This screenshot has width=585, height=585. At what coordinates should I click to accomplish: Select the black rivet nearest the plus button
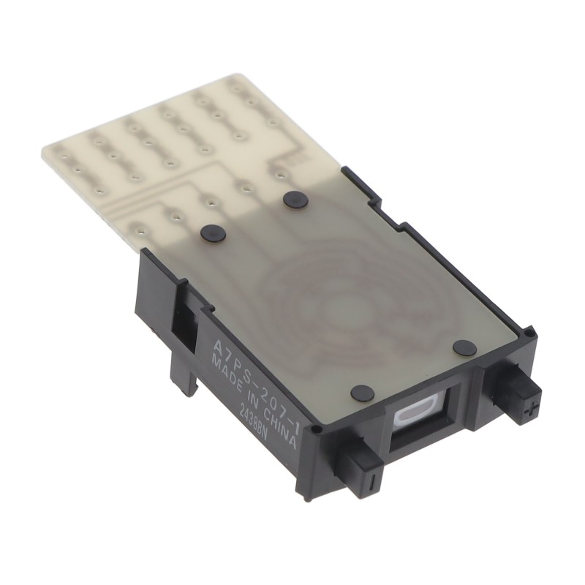point(463,346)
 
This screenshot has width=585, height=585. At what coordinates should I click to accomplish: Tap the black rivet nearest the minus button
point(362,393)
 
